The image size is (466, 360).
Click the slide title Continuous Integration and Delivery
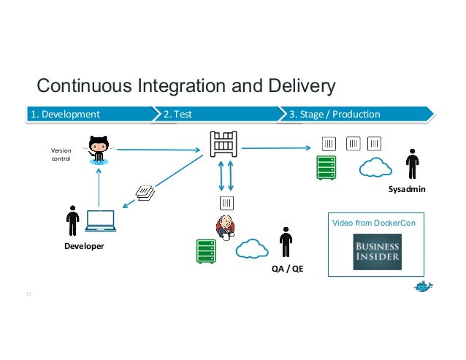[x=186, y=87]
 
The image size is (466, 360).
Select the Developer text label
[x=84, y=246]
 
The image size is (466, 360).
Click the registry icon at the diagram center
[x=224, y=143]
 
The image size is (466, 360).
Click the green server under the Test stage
[x=206, y=250]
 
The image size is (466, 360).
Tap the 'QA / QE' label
[x=287, y=269]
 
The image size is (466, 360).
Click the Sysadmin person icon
[x=412, y=164]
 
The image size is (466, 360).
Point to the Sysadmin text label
[x=407, y=189]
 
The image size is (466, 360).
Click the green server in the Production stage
[x=326, y=167]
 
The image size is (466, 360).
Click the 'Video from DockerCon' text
[x=374, y=222]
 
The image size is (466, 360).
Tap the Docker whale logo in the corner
[x=424, y=285]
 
